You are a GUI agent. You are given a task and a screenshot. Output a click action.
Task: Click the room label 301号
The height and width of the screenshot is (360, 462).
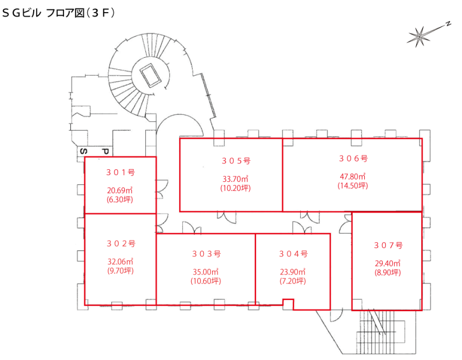click(120, 172)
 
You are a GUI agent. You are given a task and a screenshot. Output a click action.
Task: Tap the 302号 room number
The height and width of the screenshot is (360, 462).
click(121, 244)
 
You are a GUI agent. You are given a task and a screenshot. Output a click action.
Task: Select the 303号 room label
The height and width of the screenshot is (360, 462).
click(206, 254)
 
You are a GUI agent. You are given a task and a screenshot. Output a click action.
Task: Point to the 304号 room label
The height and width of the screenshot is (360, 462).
click(292, 254)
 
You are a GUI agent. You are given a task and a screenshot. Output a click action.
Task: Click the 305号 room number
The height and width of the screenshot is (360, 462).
click(232, 160)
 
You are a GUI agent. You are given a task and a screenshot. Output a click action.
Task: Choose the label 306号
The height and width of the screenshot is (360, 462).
click(352, 158)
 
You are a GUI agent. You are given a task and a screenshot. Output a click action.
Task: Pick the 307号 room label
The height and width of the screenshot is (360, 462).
click(387, 245)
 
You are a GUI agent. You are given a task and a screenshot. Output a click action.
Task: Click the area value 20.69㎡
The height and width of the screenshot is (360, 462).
click(120, 190)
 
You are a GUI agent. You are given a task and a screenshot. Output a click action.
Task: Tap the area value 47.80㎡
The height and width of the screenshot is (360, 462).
click(352, 177)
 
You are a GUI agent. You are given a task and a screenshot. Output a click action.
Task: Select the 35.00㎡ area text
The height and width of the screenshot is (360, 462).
click(206, 272)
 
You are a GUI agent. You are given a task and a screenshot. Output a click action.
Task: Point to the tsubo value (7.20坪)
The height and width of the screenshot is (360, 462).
click(292, 281)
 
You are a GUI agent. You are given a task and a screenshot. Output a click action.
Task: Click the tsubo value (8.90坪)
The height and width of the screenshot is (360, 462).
click(387, 272)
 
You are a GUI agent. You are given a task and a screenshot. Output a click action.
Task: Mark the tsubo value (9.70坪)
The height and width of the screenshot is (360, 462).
click(121, 271)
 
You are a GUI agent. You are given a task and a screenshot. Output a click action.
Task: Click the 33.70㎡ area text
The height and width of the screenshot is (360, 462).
click(232, 178)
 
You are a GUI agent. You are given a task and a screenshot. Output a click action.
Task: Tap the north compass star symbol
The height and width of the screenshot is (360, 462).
click(419, 36)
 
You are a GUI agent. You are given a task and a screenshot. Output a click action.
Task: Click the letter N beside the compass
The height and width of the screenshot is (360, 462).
click(449, 24)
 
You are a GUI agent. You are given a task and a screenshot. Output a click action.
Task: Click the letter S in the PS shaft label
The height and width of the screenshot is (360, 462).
click(83, 151)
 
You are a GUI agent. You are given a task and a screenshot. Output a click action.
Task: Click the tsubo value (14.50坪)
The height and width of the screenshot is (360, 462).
click(352, 186)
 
